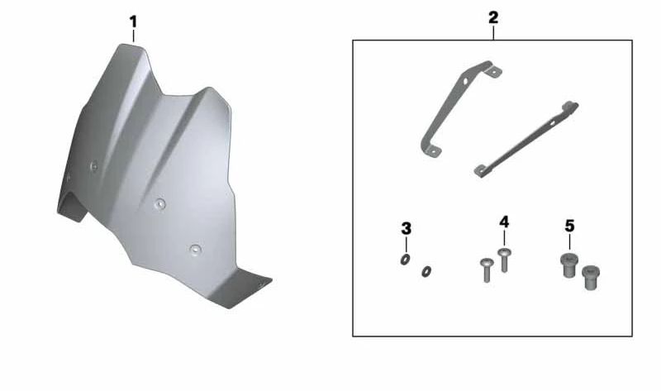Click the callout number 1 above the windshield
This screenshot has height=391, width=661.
pyautogui.click(x=133, y=21)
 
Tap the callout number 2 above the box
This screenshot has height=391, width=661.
pyautogui.click(x=493, y=17)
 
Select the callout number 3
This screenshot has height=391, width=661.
pyautogui.click(x=406, y=229)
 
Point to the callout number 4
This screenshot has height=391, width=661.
pyautogui.click(x=504, y=222)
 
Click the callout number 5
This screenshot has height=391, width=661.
pyautogui.click(x=569, y=226)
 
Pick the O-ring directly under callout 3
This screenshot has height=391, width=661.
pyautogui.click(x=405, y=260)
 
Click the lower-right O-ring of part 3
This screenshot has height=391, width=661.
pyautogui.click(x=426, y=272)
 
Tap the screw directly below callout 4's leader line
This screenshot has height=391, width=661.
pyautogui.click(x=504, y=260)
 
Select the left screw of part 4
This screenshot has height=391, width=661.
pyautogui.click(x=487, y=270)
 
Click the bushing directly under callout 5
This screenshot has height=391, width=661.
pyautogui.click(x=569, y=265)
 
